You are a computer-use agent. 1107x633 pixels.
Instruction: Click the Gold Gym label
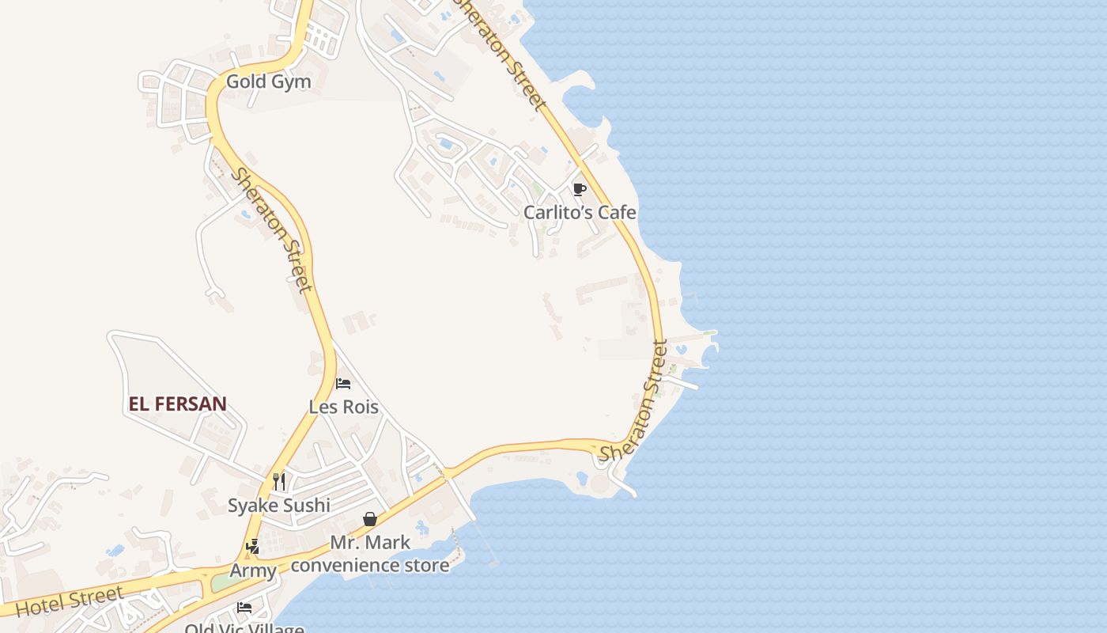pos(268,81)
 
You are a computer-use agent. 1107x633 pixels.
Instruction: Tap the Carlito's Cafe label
pos(580,212)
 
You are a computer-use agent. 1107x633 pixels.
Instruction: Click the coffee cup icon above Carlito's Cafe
pos(579,188)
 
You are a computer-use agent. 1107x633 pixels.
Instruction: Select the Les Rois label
pos(343,407)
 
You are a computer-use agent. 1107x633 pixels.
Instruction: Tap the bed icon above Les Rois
pos(343,384)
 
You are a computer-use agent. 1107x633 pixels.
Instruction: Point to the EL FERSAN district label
pos(177,404)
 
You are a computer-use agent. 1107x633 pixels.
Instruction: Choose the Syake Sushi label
pos(279,505)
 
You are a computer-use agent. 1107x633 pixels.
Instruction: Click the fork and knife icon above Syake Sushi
pos(278,481)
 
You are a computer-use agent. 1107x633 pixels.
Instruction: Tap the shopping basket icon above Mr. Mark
pos(369,519)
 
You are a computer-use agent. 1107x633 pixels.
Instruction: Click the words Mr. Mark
pos(370,543)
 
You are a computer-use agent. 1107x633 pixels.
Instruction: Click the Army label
pos(253,570)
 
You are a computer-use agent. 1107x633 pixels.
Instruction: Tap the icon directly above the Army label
pos(253,547)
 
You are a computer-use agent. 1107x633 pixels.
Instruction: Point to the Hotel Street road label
pos(70,602)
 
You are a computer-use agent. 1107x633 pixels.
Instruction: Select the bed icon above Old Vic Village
pos(244,608)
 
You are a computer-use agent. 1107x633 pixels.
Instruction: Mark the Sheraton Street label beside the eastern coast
pos(633,400)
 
